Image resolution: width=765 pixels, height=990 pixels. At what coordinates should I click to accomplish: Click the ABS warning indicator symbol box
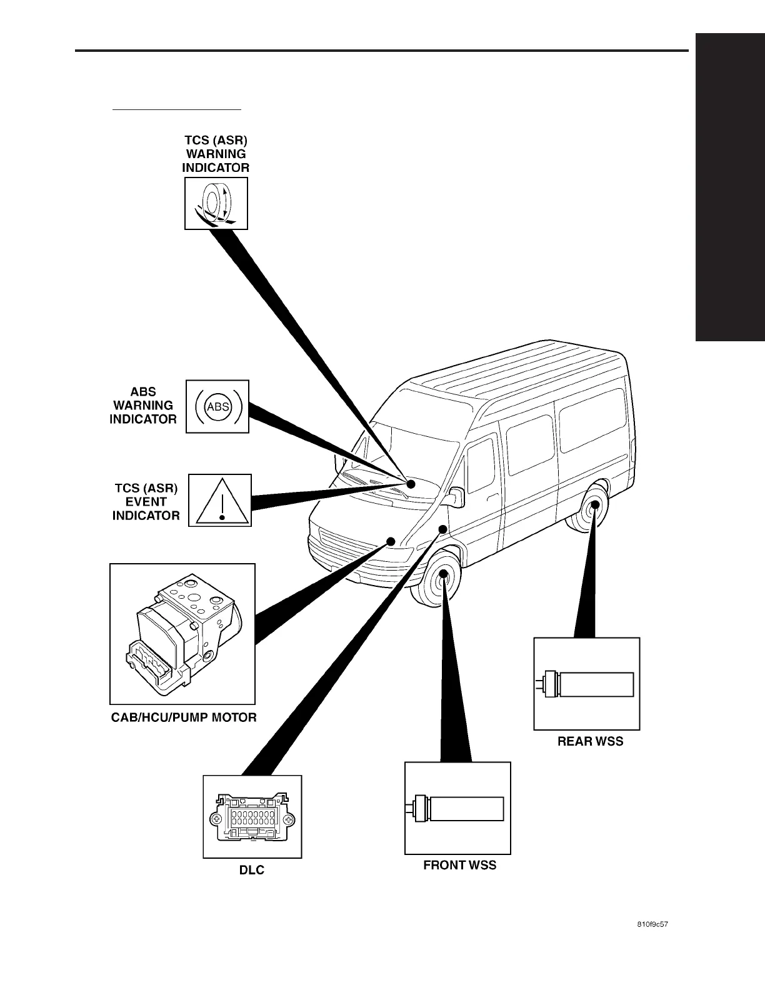pyautogui.click(x=217, y=407)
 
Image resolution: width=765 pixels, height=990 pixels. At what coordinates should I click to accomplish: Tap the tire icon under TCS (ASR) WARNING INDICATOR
pyautogui.click(x=216, y=203)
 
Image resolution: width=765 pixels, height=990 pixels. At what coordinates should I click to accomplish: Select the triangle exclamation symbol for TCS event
pyautogui.click(x=220, y=500)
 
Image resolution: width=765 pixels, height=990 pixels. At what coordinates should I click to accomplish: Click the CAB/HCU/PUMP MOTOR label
pyautogui.click(x=184, y=717)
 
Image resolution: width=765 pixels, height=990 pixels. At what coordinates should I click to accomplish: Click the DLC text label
pyautogui.click(x=252, y=870)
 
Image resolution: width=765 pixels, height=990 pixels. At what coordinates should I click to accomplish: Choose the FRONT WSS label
pyautogui.click(x=460, y=866)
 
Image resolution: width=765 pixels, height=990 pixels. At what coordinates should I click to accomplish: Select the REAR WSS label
pyautogui.click(x=590, y=741)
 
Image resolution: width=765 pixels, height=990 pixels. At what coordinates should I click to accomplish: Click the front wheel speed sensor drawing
pyautogui.click(x=457, y=808)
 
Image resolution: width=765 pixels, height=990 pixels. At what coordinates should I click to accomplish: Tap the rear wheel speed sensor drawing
pyautogui.click(x=587, y=684)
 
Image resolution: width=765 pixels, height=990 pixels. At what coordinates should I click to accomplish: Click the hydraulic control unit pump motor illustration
pyautogui.click(x=182, y=634)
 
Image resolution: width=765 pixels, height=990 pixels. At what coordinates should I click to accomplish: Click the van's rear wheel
pyautogui.click(x=592, y=510)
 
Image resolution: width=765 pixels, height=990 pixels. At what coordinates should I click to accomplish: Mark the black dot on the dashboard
pyautogui.click(x=411, y=484)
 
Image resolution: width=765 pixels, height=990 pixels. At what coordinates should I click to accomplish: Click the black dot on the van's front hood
pyautogui.click(x=391, y=541)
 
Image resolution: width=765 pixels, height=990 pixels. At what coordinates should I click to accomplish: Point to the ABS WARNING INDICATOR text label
pyautogui.click(x=143, y=406)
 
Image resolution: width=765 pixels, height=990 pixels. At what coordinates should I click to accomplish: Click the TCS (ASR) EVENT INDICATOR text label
pyautogui.click(x=146, y=502)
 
